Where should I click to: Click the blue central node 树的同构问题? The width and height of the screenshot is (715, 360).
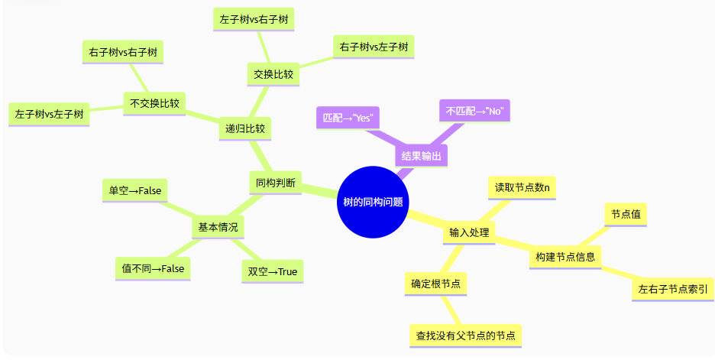(374, 202)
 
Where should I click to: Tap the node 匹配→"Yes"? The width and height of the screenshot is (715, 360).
(348, 117)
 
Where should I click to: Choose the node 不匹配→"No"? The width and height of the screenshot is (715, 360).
(473, 111)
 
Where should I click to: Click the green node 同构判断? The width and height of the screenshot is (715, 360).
(275, 182)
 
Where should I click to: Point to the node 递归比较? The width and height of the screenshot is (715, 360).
(245, 128)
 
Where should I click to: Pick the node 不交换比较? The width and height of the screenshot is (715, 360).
(155, 103)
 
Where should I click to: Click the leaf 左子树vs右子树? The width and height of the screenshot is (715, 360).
(252, 18)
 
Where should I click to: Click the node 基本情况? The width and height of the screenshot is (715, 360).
(218, 227)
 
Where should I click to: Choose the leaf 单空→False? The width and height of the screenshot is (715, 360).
(135, 190)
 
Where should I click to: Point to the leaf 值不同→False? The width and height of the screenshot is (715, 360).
(153, 268)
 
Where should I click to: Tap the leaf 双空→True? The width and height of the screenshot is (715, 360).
(272, 271)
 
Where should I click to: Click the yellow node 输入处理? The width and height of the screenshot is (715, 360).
(469, 232)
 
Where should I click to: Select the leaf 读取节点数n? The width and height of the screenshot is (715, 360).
(522, 187)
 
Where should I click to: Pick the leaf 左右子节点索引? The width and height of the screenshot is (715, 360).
(672, 289)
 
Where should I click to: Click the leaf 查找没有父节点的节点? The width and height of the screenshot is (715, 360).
(465, 335)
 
